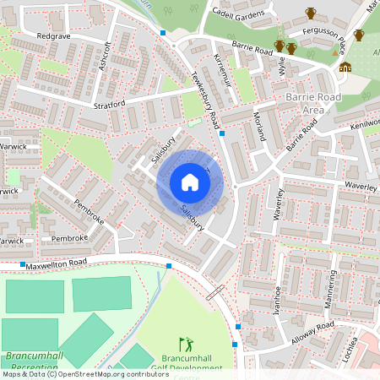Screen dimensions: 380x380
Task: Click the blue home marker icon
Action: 190,182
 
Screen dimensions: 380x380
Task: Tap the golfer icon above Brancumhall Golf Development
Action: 187,345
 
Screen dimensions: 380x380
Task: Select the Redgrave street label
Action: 53,38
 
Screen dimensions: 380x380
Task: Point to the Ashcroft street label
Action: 105,57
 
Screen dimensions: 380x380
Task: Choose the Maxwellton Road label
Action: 56,264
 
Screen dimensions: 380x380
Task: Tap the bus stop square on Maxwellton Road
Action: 169,266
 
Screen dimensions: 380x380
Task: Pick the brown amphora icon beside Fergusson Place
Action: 311,13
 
